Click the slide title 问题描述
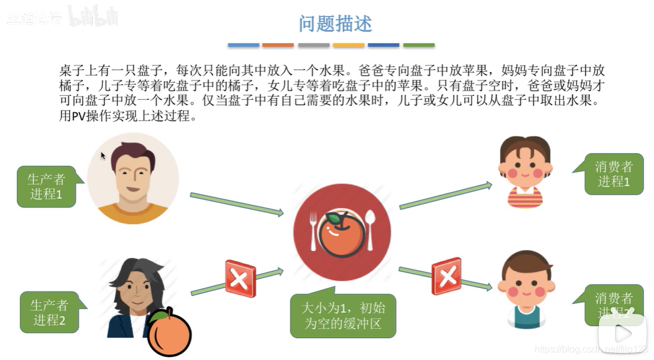(x=335, y=24)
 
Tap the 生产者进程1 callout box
(x=46, y=186)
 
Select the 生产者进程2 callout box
(x=49, y=313)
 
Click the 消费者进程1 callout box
(x=614, y=174)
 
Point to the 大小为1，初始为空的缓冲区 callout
(x=342, y=316)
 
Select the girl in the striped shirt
(x=525, y=171)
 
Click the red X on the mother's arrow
(x=240, y=278)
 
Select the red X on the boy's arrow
(x=446, y=275)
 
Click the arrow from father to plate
(x=237, y=204)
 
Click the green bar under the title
(x=419, y=45)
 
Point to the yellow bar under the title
(x=348, y=45)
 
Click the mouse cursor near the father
(x=103, y=155)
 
